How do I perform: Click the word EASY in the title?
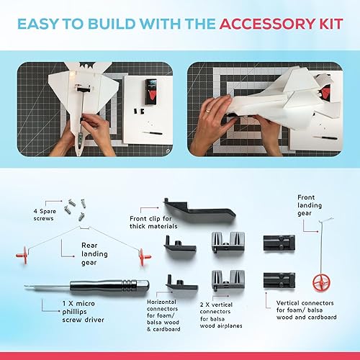click(x=45, y=24)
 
